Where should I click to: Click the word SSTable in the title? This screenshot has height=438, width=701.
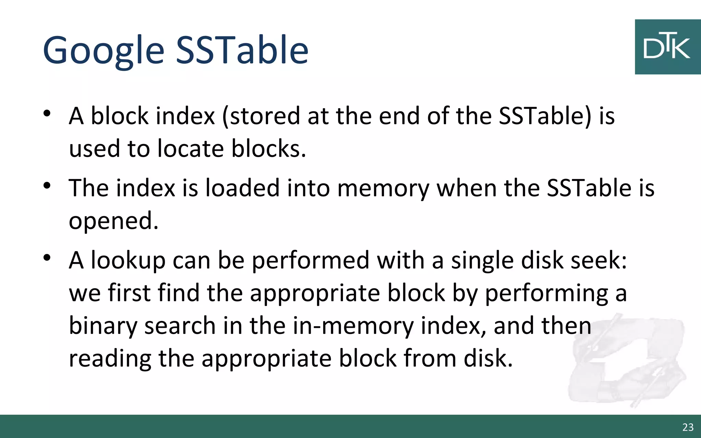point(242,51)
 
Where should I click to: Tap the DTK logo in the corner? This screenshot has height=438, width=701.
point(667,47)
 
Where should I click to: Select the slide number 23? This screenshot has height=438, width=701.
point(688,427)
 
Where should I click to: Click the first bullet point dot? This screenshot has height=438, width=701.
point(47,113)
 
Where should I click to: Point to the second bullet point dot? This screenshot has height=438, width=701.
point(47,186)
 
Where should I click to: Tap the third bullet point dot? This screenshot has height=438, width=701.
point(47,258)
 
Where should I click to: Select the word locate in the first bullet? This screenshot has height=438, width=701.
point(190,149)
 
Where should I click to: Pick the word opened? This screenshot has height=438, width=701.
point(113,221)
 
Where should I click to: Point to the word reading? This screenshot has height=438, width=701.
point(110,359)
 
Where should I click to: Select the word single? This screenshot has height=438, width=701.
point(482,261)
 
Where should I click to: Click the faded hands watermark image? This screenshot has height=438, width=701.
point(626,363)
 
